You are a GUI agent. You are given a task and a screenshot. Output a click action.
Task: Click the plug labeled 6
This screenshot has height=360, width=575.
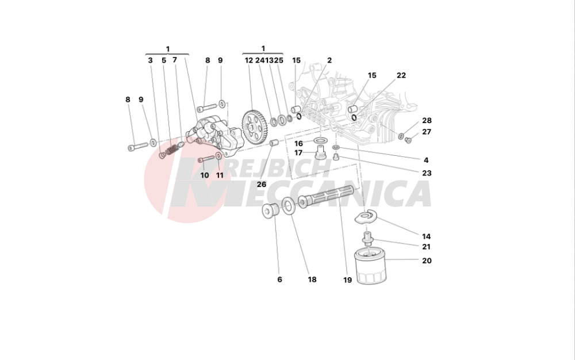[x=270, y=212]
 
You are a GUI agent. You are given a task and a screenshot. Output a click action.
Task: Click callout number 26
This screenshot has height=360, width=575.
[x=262, y=184]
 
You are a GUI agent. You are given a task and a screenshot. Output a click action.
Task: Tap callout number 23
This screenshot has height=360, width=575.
[x=426, y=173]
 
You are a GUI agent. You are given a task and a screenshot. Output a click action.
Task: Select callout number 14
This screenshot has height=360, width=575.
[x=426, y=236]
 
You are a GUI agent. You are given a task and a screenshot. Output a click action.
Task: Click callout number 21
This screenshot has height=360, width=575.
[x=426, y=247]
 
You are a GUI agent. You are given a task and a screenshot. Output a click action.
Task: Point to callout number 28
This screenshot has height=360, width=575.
[x=426, y=121]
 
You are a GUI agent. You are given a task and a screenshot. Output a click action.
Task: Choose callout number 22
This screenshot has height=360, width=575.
[x=401, y=75]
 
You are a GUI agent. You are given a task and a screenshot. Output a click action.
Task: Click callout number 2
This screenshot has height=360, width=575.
[x=329, y=60]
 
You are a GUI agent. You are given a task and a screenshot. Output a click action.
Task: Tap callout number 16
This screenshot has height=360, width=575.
[x=298, y=143]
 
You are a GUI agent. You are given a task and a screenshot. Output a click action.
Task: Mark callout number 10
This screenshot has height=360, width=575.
[x=205, y=175]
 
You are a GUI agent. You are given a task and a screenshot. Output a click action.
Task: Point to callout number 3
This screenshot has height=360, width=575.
[x=149, y=60]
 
